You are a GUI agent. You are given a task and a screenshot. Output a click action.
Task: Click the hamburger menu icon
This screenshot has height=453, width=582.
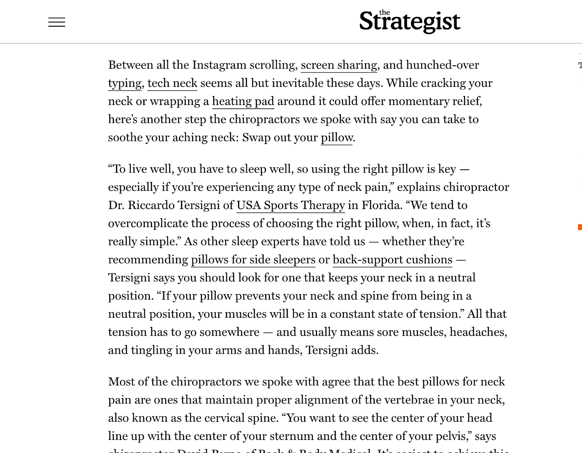click(57, 22)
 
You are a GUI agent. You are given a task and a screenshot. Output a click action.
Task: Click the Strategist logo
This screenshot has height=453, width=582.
click(410, 21)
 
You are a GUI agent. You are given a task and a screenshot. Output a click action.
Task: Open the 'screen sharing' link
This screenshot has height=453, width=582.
click(339, 65)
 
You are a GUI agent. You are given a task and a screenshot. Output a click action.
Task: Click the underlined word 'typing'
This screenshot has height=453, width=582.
click(125, 83)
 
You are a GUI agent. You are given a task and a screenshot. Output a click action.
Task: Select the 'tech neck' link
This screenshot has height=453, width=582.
click(172, 83)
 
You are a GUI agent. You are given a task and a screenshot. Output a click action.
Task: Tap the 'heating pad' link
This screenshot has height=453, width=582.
click(243, 101)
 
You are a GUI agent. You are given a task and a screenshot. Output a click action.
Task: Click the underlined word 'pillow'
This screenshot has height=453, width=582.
click(336, 138)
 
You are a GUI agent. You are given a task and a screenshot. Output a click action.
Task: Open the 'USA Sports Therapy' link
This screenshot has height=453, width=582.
click(291, 205)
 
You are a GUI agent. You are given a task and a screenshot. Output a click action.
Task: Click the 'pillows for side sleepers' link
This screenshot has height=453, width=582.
click(253, 260)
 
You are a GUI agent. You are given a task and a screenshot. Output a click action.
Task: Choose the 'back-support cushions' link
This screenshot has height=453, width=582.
click(392, 260)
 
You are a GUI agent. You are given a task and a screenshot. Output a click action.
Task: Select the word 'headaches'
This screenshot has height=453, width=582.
click(478, 332)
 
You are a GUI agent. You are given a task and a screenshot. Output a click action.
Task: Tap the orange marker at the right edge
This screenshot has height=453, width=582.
click(580, 227)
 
